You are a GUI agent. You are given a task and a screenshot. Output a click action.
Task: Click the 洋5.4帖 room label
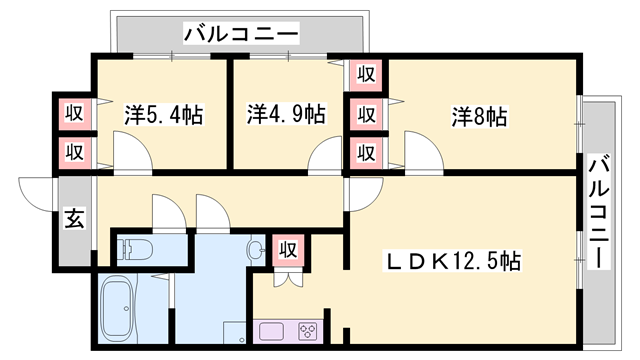coord(164,114)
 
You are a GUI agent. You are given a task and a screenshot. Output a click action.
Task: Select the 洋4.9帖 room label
coord(286,114)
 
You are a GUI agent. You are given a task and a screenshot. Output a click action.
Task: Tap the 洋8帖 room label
coord(479,116)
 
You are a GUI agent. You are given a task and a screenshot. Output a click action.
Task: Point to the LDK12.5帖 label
coord(453,262)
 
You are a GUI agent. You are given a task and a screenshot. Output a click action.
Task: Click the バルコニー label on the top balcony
coord(241,35)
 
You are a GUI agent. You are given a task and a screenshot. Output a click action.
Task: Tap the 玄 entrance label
coord(75,218)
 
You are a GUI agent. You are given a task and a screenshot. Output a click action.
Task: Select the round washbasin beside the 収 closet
coord(256,249)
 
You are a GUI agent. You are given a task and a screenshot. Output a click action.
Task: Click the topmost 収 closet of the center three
coord(366,73)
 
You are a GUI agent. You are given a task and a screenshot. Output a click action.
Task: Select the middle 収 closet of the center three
coord(366,113)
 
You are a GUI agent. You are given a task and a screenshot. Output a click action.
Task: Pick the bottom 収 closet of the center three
coord(366,153)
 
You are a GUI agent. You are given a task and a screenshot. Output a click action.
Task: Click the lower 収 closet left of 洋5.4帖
coord(74,152)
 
